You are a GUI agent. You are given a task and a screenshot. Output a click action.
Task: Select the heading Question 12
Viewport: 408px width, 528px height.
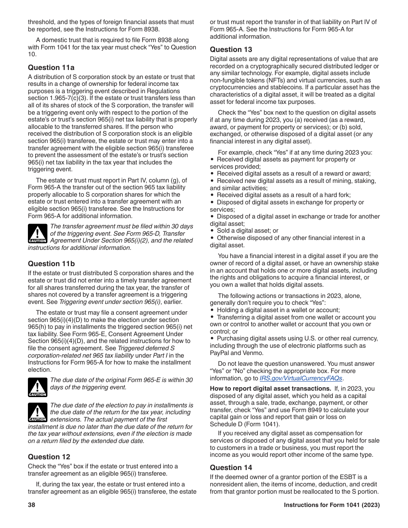pyautogui.click(x=49, y=457)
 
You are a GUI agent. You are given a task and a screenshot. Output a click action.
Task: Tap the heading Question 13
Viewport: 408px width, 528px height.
pyautogui.click(x=231, y=49)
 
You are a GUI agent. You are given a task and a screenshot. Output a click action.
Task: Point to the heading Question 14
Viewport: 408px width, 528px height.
pyautogui.click(x=231, y=467)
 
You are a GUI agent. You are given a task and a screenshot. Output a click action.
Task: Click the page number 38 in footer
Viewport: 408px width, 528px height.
pyautogui.click(x=31, y=505)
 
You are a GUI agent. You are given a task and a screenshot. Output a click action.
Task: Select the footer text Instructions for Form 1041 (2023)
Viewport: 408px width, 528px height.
pyautogui.click(x=332, y=505)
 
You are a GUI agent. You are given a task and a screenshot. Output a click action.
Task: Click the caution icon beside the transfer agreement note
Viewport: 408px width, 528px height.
pyautogui.click(x=37, y=234)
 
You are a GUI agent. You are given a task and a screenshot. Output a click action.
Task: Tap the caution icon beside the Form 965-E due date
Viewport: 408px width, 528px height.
pyautogui.click(x=37, y=387)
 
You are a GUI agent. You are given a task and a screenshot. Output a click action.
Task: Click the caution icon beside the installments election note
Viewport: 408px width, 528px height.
pyautogui.click(x=37, y=413)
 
